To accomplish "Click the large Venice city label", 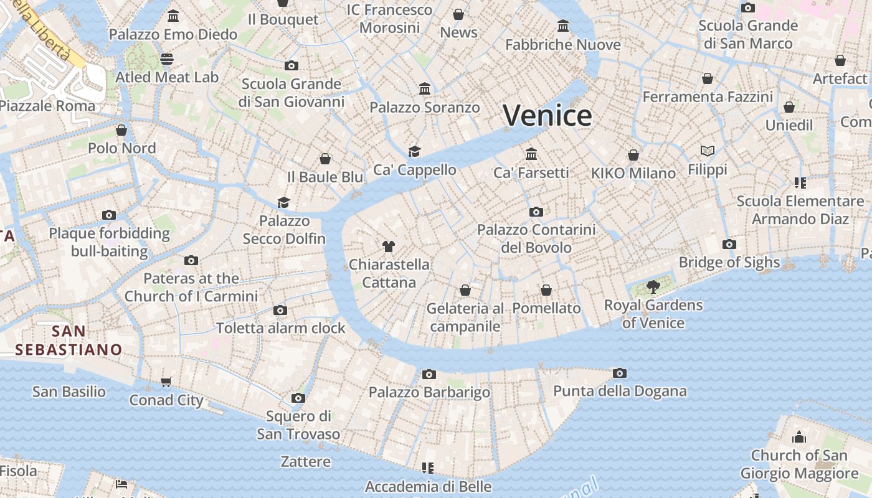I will tap(547, 116).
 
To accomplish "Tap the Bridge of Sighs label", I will tap(729, 262).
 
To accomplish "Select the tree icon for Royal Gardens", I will tap(653, 287).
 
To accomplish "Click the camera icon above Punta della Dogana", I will tap(619, 373).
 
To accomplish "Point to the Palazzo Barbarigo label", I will tap(429, 392).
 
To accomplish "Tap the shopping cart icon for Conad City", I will tap(166, 382).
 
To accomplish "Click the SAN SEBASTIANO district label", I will tap(69, 340).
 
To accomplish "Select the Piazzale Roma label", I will tap(47, 105).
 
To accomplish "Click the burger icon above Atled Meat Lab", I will tap(166, 59).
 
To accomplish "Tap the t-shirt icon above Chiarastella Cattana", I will tap(389, 247).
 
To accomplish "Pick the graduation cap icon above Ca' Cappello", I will tap(414, 151).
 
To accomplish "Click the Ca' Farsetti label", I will tap(531, 172).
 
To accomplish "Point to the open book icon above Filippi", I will tap(707, 151).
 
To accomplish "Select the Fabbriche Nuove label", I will tap(562, 45).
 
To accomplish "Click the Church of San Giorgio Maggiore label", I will tap(799, 464).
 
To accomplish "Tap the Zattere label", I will tap(305, 461).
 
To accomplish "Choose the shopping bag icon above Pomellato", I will tap(546, 290).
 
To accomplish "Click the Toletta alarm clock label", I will tap(280, 328).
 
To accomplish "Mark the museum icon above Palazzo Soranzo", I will tap(425, 89).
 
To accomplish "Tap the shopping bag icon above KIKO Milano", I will tap(633, 155).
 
